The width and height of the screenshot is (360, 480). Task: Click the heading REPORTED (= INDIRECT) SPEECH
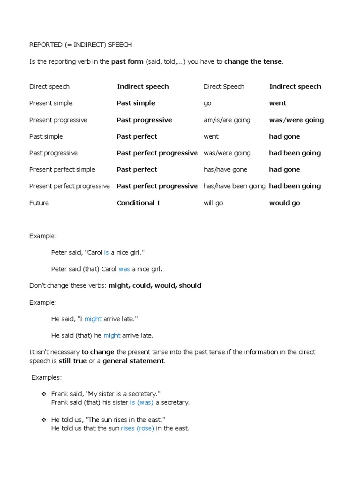pyautogui.click(x=80, y=45)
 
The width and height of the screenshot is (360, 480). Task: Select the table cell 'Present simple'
pyautogui.click(x=51, y=103)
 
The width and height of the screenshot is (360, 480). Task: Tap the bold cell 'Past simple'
pyautogui.click(x=135, y=103)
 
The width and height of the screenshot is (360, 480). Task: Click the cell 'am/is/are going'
pyautogui.click(x=227, y=120)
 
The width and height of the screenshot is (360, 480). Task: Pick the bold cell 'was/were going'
pyautogui.click(x=296, y=120)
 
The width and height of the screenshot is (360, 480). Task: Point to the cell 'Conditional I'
pyautogui.click(x=138, y=203)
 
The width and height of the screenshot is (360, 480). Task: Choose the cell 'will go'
pyautogui.click(x=213, y=203)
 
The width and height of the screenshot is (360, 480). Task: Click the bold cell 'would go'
pyautogui.click(x=284, y=203)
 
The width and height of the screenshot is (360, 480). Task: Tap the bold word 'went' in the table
pyautogui.click(x=277, y=103)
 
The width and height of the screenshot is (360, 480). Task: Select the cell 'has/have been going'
pyautogui.click(x=234, y=186)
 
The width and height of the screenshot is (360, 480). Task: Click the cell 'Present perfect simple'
pyautogui.click(x=62, y=170)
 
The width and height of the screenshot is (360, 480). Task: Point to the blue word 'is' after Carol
pyautogui.click(x=106, y=253)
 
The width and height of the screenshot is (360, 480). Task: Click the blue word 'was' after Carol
pyautogui.click(x=124, y=269)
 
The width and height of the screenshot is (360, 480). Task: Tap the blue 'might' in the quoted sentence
pyautogui.click(x=93, y=319)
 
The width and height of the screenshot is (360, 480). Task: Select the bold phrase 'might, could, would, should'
pyautogui.click(x=155, y=285)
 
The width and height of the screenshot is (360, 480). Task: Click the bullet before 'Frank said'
pyautogui.click(x=44, y=394)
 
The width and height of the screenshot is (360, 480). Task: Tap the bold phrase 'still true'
pyautogui.click(x=73, y=360)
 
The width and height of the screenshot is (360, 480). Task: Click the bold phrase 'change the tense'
pyautogui.click(x=253, y=61)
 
